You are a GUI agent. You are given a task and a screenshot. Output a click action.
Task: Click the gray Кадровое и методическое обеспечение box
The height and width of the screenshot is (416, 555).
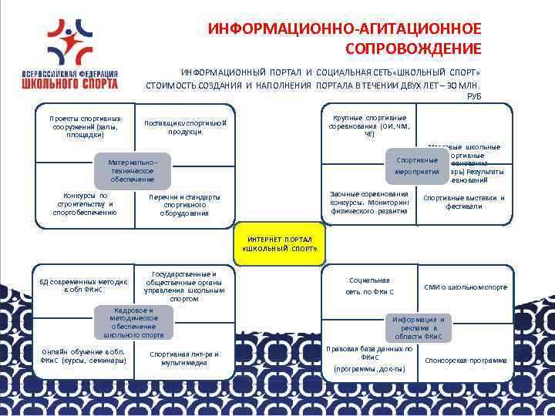coord(133,323)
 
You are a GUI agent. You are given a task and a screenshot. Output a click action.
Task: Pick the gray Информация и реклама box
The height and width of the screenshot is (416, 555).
coord(419,327)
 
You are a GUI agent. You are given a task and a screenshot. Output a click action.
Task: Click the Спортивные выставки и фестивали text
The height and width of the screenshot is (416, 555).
coord(464,202)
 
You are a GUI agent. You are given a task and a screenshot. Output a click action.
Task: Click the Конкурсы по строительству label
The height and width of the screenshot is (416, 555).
coord(84,204)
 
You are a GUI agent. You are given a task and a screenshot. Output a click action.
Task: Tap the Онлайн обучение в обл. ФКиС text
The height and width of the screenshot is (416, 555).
coord(82,356)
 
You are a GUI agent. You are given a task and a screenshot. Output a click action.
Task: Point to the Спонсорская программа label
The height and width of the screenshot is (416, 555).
coord(466,360)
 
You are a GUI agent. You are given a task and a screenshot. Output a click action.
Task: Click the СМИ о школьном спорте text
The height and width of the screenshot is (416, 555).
coord(466,287)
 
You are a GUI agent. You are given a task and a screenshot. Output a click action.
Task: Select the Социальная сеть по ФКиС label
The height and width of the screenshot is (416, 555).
coord(370,287)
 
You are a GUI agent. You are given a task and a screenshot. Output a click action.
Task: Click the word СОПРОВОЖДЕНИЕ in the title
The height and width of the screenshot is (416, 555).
coord(414,48)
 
